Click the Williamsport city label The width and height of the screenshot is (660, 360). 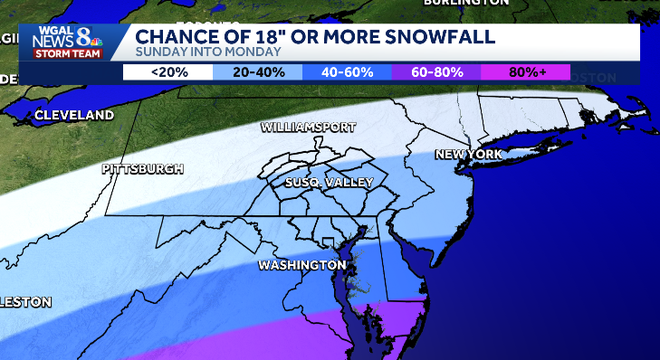point(307,128)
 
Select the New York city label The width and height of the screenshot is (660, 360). point(467,155)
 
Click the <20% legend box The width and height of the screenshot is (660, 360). point(167,72)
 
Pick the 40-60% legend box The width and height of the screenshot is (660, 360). point(346,72)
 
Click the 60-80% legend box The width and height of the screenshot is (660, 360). point(436,72)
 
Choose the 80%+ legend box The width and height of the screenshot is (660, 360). point(525,72)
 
